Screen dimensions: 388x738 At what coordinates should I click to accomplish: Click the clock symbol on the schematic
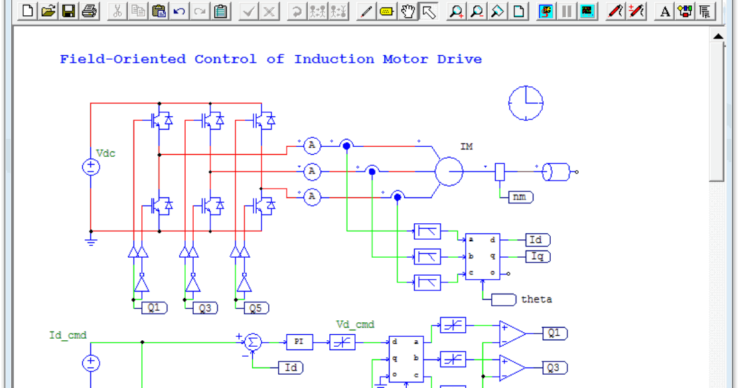point(526,103)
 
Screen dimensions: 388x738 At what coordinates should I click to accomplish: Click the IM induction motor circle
point(449,171)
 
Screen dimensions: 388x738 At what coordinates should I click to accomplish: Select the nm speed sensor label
point(521,197)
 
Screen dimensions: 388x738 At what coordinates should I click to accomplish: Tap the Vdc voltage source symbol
point(91,167)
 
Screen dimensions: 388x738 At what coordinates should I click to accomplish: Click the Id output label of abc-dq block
point(537,240)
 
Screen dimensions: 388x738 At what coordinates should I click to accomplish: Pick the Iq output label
point(537,256)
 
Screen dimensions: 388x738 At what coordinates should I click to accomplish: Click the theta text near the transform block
point(536,299)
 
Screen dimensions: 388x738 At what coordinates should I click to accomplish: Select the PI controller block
point(299,342)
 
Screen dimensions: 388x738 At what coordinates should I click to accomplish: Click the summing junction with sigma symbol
point(253,342)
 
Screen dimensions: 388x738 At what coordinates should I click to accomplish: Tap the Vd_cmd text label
point(355,325)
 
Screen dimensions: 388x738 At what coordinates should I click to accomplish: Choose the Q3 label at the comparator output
point(554,367)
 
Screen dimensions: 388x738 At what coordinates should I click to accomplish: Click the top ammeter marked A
point(312,145)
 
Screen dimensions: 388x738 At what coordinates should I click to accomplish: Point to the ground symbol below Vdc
point(91,241)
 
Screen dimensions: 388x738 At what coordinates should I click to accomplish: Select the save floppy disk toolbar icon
point(68,11)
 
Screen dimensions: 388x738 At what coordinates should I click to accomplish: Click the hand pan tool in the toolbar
point(409,11)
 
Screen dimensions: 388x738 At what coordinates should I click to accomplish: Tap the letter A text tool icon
point(665,11)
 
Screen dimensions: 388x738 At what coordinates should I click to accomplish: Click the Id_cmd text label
point(68,335)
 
